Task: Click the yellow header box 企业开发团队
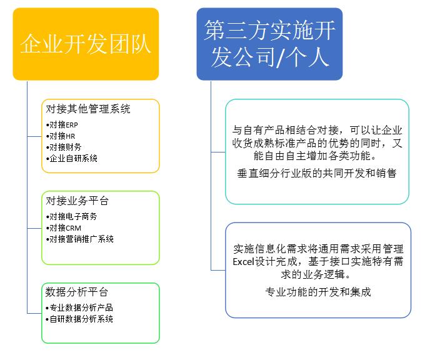click(x=86, y=44)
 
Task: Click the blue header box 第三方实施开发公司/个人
click(x=269, y=44)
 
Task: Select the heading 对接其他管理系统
click(x=88, y=109)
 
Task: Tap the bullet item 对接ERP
click(x=62, y=124)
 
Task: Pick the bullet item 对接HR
click(x=61, y=136)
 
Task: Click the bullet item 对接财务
click(x=64, y=147)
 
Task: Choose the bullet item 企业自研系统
click(x=71, y=158)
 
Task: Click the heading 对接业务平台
click(x=77, y=201)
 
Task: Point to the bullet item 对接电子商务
click(x=71, y=217)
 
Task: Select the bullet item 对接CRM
click(x=64, y=228)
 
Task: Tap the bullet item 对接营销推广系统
click(x=80, y=239)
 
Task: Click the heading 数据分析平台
click(x=77, y=292)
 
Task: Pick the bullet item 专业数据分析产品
click(x=79, y=307)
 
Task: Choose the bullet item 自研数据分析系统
click(x=79, y=319)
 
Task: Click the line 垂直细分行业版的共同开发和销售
click(x=317, y=173)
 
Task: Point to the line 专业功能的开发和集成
click(x=318, y=292)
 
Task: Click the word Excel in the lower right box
click(x=243, y=261)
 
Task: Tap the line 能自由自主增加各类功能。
click(x=315, y=156)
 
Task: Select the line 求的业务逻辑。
click(x=316, y=274)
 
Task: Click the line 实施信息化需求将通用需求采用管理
click(x=318, y=249)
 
